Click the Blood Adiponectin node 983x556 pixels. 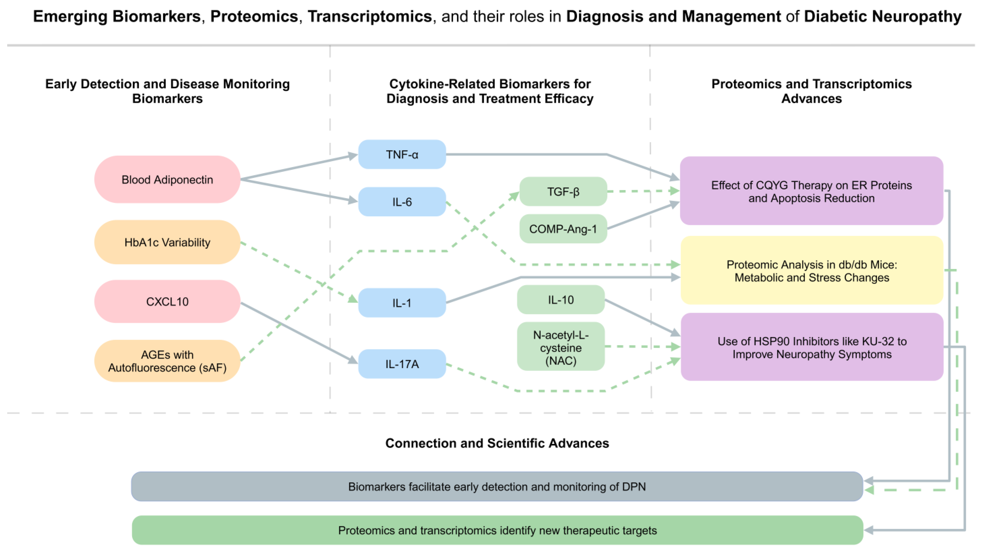(x=167, y=179)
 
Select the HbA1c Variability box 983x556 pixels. (x=167, y=242)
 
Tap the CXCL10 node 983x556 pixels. (x=167, y=302)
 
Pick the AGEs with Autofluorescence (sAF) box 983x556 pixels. (x=167, y=361)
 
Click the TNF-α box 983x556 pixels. (x=402, y=155)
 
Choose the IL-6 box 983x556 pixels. (x=402, y=202)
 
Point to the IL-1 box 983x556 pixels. (x=402, y=303)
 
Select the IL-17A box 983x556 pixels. (x=402, y=364)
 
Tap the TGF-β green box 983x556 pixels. (x=563, y=192)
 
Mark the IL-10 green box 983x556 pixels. (x=560, y=300)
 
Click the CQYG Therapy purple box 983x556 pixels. (x=811, y=191)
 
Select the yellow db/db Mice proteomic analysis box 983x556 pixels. (x=811, y=270)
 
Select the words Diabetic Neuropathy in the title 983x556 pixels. (x=882, y=16)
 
